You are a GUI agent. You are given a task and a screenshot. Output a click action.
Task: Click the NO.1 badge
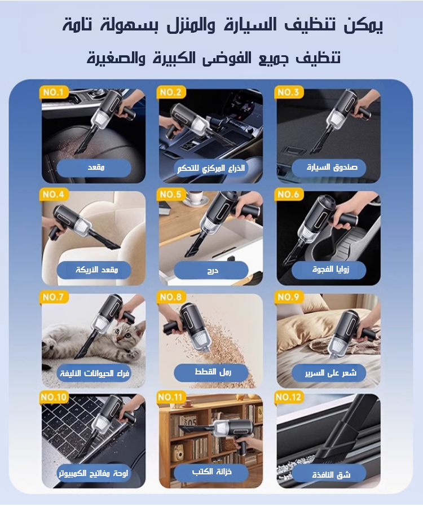[x=54, y=92]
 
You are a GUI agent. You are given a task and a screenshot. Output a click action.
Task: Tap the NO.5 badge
[x=171, y=195]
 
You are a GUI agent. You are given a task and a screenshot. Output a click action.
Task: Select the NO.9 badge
[x=289, y=297]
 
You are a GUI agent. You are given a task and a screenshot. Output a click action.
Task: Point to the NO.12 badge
[x=289, y=397]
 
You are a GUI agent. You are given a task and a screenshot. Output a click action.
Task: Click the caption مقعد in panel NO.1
[x=96, y=168]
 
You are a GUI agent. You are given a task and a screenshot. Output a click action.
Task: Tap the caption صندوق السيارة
[x=332, y=168]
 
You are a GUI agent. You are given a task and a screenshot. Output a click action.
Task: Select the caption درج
[x=213, y=271]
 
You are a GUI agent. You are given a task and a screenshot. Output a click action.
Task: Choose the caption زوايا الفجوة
[x=331, y=270]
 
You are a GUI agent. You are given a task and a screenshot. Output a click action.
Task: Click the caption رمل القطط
[x=213, y=372]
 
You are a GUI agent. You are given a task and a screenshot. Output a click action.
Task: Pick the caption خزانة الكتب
[x=212, y=472]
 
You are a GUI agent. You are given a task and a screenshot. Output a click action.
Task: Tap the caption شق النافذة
[x=331, y=475]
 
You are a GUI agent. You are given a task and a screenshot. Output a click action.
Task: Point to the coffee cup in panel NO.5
[x=195, y=197]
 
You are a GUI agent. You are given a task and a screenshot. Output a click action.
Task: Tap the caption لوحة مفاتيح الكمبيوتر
[x=94, y=473]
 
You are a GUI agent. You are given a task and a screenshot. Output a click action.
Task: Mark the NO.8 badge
[x=171, y=297]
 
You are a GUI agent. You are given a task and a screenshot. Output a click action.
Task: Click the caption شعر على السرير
[x=331, y=373]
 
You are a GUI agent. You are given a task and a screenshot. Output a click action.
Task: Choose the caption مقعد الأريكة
[x=96, y=270]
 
